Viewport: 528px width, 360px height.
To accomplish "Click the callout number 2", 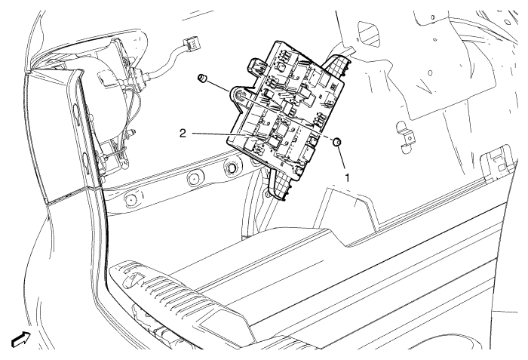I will [x=182, y=131].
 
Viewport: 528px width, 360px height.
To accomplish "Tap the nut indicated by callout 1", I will [x=337, y=141].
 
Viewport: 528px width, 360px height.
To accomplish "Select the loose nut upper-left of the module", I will [x=202, y=78].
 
